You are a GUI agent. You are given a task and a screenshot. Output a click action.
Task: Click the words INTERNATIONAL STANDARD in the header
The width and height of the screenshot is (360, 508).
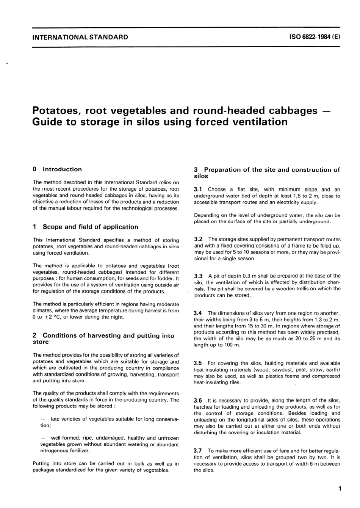point(80,37)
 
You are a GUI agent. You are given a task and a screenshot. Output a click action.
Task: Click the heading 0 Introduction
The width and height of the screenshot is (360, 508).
point(57,169)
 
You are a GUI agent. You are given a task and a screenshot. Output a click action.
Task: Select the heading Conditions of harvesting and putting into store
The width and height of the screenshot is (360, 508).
point(103,339)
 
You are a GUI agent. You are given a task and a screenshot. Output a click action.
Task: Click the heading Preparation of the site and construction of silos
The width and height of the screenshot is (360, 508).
point(267,173)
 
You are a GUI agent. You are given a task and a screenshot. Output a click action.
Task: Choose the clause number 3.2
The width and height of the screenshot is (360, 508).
point(199,239)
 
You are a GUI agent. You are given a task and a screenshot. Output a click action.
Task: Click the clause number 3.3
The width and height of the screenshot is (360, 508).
point(199,276)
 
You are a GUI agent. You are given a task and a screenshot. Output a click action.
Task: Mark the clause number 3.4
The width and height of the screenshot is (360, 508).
point(199,313)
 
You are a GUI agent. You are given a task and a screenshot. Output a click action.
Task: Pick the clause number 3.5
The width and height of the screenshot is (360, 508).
point(199,363)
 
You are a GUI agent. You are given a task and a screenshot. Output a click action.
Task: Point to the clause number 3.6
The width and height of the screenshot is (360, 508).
point(199,400)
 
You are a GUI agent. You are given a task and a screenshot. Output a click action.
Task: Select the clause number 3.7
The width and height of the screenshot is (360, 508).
point(199,451)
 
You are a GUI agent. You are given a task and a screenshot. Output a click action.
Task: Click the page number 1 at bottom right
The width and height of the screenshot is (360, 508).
point(340,489)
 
